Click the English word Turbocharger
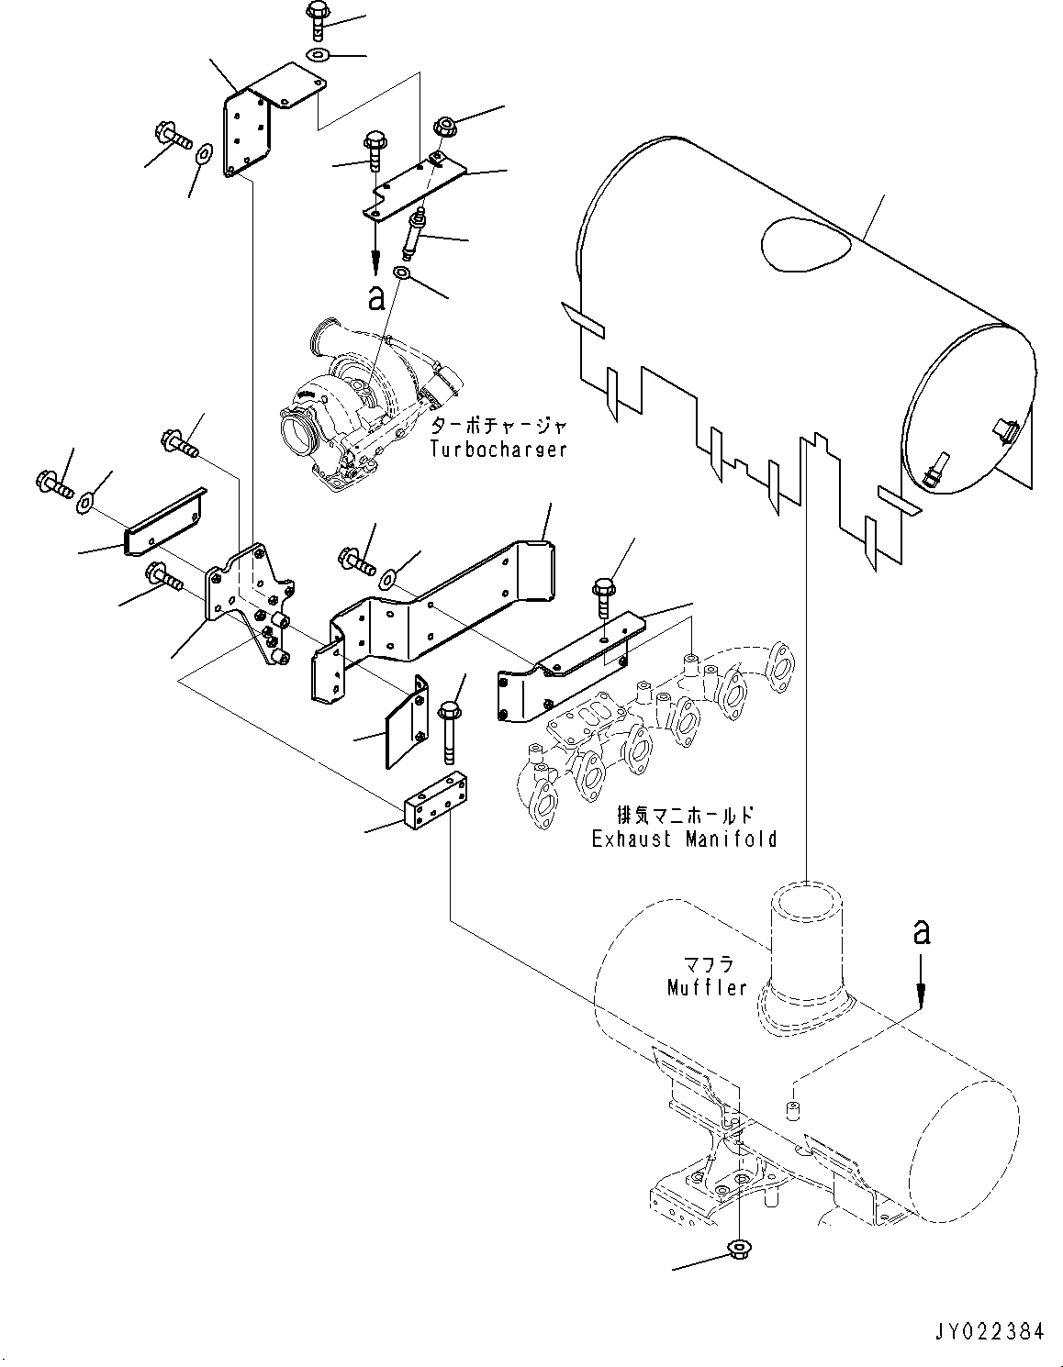coord(498,450)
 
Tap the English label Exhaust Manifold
coord(684,839)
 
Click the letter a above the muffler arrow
coord(921,933)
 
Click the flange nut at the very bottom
coord(737,1247)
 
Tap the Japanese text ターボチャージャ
coord(498,428)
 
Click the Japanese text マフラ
coord(707,965)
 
